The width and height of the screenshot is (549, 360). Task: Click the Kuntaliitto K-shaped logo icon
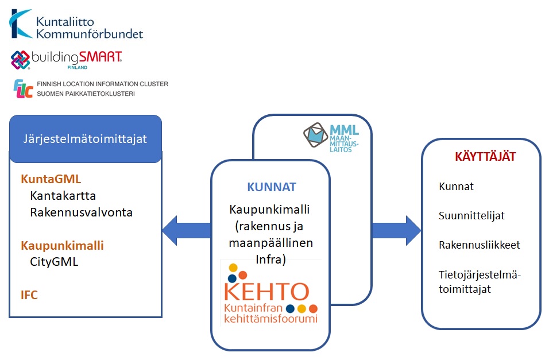[20, 24]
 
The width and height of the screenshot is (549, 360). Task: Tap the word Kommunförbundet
[90, 34]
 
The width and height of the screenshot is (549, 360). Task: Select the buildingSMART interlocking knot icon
[20, 60]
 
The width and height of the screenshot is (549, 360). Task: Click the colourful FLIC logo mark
[23, 88]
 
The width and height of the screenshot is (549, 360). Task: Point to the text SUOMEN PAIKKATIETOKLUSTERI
[86, 94]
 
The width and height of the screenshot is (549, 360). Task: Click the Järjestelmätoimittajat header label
[85, 139]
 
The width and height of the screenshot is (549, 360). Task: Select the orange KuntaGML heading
[51, 179]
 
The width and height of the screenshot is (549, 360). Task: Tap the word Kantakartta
[63, 195]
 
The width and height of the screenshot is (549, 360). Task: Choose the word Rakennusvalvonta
[81, 212]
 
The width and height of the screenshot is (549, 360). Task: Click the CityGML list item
[54, 262]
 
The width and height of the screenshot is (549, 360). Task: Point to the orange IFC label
[29, 295]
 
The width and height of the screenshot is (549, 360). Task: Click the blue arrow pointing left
[187, 230]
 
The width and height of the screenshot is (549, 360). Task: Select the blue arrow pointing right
[396, 230]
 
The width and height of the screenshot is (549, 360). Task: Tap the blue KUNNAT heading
[272, 187]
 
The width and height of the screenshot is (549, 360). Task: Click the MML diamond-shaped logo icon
[315, 135]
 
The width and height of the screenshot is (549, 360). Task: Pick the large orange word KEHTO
[267, 292]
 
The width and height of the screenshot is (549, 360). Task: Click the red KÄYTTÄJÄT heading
[485, 157]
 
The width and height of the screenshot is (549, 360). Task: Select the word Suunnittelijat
[471, 216]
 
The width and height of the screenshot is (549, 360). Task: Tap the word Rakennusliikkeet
[480, 245]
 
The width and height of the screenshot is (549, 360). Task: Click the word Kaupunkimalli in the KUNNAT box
[269, 210]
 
